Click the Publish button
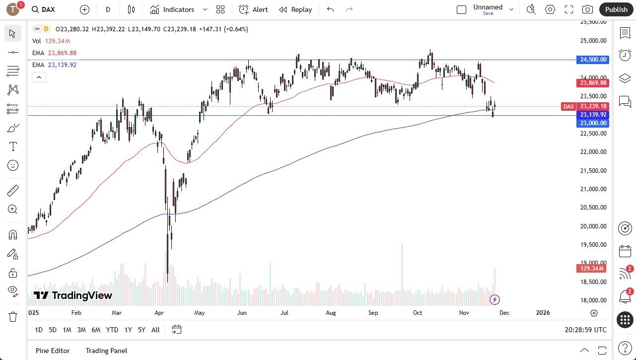coord(616,9)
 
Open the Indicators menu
coord(172,9)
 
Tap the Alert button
coord(253,9)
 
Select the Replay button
coord(295,9)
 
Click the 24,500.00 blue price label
coord(593,60)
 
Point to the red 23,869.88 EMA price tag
coord(593,83)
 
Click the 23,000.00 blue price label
coord(593,123)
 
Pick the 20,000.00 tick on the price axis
coord(593,226)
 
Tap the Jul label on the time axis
coord(285,313)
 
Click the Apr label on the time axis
coord(159,313)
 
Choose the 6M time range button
coord(96,330)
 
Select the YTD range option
coord(112,330)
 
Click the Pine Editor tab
coord(53,351)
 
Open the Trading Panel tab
coord(106,351)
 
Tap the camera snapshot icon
coord(587,9)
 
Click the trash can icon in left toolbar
coord(13,316)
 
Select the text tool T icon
coord(13,146)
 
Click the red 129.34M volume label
coord(591,269)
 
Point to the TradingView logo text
coord(73,296)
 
